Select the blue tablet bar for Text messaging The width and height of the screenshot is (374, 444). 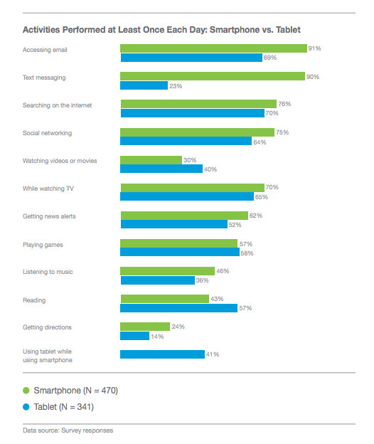point(134,85)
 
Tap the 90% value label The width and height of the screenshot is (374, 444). point(313,76)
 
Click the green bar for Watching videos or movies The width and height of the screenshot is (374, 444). point(151,160)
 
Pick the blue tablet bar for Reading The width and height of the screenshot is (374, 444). point(178,308)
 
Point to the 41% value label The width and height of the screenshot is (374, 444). point(212,354)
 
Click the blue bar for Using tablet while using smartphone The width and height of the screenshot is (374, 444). point(162,354)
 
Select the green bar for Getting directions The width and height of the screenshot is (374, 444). point(145,327)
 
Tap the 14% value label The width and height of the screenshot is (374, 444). point(156,336)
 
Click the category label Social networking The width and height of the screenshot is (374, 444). point(48,133)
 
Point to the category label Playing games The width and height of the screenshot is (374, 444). point(43,244)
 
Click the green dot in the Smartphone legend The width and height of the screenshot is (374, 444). point(26,390)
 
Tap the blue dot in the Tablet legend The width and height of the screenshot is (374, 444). point(26,407)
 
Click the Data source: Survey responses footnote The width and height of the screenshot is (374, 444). point(68,430)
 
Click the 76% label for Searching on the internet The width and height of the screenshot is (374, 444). point(284,104)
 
